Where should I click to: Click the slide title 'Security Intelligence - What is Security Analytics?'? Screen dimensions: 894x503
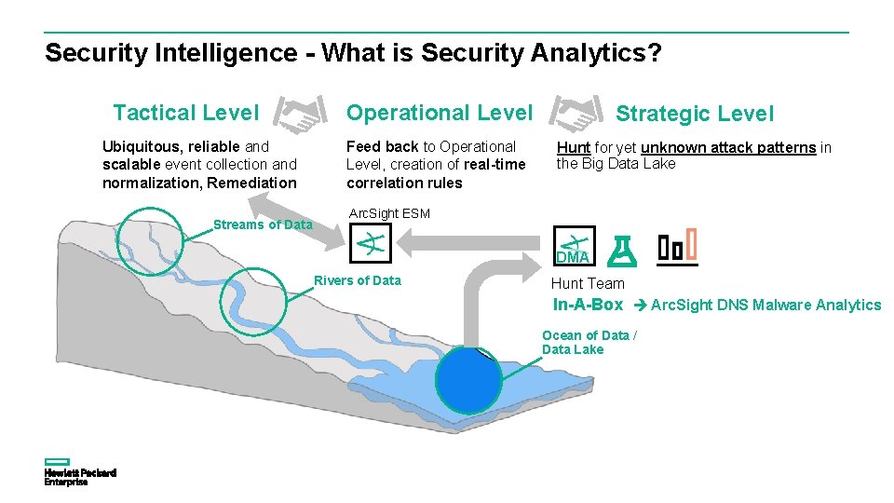pyautogui.click(x=353, y=53)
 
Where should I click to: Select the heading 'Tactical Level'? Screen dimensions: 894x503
pyautogui.click(x=185, y=113)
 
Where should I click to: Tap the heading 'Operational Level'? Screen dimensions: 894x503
pyautogui.click(x=439, y=113)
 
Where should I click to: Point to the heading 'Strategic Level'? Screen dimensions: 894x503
pyautogui.click(x=694, y=114)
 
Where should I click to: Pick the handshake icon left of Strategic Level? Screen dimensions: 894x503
pyautogui.click(x=575, y=114)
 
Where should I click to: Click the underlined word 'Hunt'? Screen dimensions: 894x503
pyautogui.click(x=573, y=147)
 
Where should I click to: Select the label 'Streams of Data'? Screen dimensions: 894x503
pyautogui.click(x=263, y=224)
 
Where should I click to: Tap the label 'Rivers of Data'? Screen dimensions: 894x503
pyautogui.click(x=358, y=280)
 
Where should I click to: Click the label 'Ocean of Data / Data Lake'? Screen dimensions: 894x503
pyautogui.click(x=589, y=342)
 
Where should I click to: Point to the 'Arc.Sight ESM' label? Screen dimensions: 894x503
pyautogui.click(x=388, y=213)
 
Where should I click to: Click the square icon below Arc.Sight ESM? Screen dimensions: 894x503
pyautogui.click(x=371, y=245)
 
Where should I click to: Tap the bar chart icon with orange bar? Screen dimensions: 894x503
pyautogui.click(x=677, y=248)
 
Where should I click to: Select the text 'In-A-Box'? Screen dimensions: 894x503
pyautogui.click(x=588, y=305)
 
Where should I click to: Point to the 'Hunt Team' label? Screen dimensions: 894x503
pyautogui.click(x=588, y=283)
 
